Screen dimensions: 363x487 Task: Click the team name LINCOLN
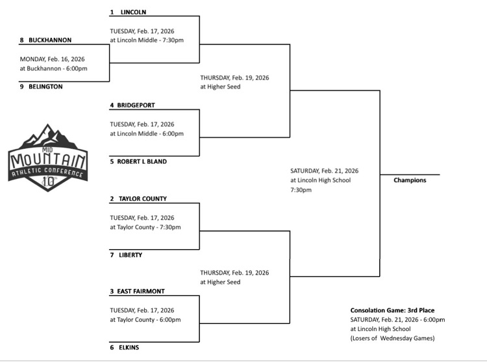pos(133,12)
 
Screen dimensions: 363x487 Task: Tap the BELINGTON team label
pos(45,87)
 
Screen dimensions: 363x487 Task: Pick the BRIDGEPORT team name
pos(137,105)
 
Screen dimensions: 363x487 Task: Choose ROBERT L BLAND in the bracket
pos(143,161)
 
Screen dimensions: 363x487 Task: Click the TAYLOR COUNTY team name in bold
pos(142,199)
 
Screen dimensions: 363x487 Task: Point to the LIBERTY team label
pos(131,255)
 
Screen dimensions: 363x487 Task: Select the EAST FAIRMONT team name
pos(142,291)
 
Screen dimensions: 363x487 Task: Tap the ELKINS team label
pos(129,347)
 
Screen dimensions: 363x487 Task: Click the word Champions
pos(410,180)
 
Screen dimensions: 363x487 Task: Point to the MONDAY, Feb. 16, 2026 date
pos(53,59)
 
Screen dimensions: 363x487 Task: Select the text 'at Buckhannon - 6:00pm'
pos(53,68)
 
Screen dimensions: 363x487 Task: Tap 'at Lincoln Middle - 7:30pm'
pos(147,40)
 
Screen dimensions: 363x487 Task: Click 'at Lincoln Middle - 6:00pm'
pos(147,133)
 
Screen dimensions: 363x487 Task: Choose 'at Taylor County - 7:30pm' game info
pos(145,227)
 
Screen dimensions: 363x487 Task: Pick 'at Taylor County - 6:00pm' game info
pos(145,319)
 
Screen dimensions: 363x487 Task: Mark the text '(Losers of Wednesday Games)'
pos(392,338)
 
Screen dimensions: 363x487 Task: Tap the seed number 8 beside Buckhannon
pos(21,40)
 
